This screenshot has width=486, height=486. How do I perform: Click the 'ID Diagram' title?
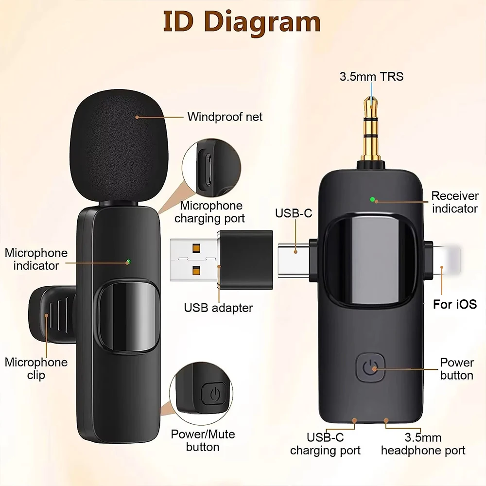(242, 22)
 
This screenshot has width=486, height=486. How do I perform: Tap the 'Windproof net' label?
(225, 117)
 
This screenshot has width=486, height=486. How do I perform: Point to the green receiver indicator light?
(372, 199)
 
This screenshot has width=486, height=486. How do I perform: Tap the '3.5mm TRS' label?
(371, 77)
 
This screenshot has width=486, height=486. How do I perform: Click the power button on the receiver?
(371, 368)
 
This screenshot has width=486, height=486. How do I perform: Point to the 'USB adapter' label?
(218, 308)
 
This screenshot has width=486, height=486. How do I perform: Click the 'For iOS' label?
(455, 304)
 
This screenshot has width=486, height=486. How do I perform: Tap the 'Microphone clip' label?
(36, 368)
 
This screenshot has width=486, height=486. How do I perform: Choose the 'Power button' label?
(456, 369)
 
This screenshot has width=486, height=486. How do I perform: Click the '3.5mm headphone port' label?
(423, 444)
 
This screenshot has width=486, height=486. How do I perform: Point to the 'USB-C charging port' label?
(325, 444)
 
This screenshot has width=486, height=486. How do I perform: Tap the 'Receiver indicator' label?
(455, 202)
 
